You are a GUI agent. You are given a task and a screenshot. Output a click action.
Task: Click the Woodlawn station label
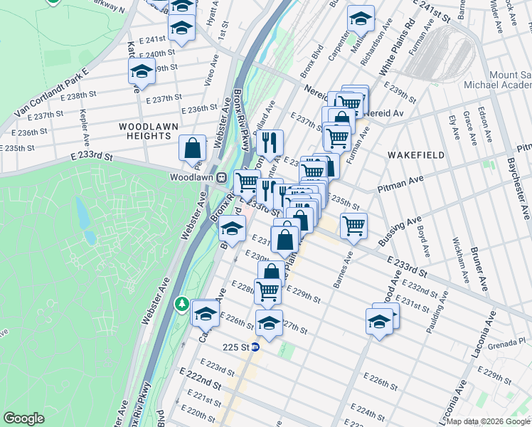[192, 177]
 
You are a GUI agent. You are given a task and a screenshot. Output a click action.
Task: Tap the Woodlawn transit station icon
[221, 177]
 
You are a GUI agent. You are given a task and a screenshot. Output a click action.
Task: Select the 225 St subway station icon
[255, 347]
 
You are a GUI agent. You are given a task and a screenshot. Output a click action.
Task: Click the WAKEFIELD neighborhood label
[416, 155]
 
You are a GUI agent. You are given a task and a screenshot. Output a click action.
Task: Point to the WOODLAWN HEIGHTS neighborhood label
[144, 131]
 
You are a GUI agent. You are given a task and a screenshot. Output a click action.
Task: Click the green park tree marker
[182, 305]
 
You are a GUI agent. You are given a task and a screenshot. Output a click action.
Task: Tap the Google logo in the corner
[23, 418]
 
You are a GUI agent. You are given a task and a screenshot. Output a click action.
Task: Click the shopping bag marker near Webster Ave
[192, 148]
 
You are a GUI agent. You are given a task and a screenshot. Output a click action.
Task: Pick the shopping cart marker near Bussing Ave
[353, 226]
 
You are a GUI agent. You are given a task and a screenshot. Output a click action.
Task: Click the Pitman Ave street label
[400, 186]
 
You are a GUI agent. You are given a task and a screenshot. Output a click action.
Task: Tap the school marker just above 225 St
[269, 322]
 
